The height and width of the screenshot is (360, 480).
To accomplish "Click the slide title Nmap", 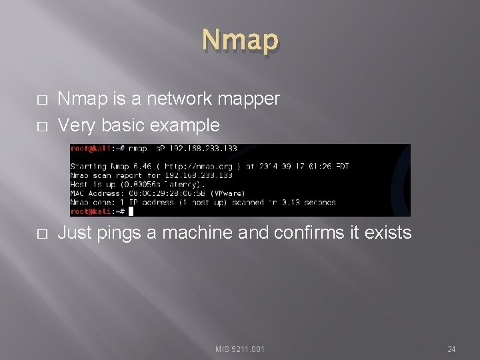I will [240, 40].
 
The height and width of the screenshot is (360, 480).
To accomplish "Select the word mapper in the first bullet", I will [252, 99].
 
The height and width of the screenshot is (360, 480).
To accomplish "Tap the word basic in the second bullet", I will [123, 125].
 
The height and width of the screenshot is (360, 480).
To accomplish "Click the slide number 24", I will [451, 349].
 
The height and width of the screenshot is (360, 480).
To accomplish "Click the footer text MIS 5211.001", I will [240, 349].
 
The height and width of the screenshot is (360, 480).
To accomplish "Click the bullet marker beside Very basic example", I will [42, 125].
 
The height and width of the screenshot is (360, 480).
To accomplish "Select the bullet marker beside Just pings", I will [42, 233].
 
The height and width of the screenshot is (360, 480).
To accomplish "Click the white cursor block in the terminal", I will [131, 211].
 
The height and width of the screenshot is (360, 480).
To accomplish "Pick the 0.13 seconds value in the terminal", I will [307, 202].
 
